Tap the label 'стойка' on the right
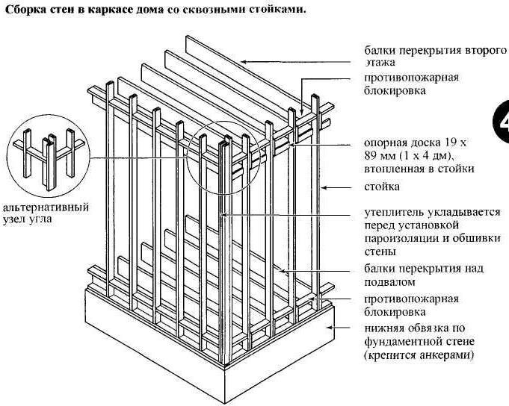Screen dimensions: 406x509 382,187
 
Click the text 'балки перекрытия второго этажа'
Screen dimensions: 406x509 434,56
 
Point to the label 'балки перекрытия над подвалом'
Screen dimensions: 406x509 424,275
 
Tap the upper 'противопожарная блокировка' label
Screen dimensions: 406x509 411,84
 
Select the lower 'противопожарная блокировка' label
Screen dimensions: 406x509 411,305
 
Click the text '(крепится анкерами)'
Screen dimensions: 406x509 419,356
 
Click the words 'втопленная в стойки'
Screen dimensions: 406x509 419,169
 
